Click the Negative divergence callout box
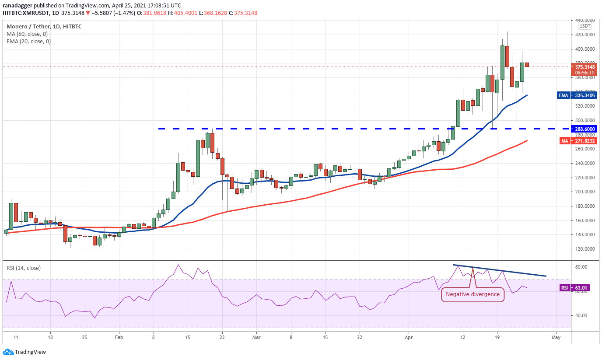pyautogui.click(x=472, y=294)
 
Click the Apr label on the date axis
pyautogui.click(x=409, y=338)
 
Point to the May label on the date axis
pyautogui.click(x=556, y=338)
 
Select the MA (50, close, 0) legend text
pyautogui.click(x=27, y=34)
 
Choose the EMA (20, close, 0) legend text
pyautogui.click(x=28, y=42)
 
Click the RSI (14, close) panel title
pyautogui.click(x=24, y=268)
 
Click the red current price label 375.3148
pyautogui.click(x=584, y=67)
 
